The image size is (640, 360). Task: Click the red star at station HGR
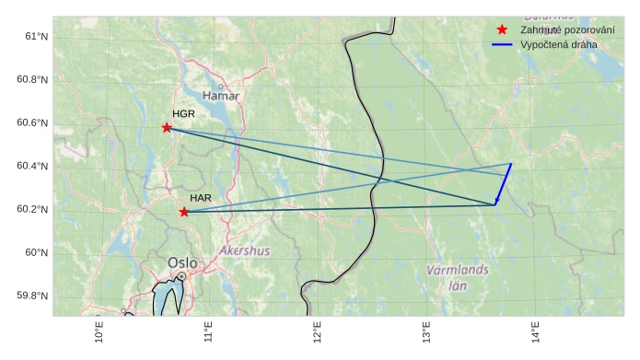(167, 127)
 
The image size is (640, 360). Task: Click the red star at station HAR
(184, 212)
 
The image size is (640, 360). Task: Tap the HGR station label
(183, 114)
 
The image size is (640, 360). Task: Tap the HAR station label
(201, 198)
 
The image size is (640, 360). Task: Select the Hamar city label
(221, 96)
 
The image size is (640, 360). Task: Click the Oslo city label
(182, 263)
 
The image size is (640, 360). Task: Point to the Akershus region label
(245, 250)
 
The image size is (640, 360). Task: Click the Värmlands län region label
(458, 277)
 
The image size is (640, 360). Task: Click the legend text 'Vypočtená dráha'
(558, 44)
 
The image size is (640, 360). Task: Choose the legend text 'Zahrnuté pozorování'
(567, 30)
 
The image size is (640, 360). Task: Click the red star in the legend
(502, 30)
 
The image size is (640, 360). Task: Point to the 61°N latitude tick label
(36, 36)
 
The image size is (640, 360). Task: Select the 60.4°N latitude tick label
(32, 166)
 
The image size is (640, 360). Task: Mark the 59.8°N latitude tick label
(32, 296)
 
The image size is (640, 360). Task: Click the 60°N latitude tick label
(36, 252)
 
